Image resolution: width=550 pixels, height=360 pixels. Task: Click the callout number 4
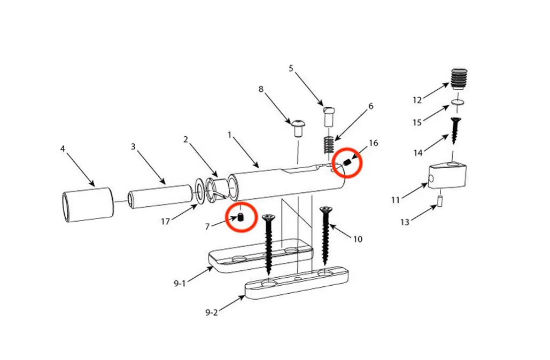(63, 149)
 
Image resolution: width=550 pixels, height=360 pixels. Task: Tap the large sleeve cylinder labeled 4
(88, 206)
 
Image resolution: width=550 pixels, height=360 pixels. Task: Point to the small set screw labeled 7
(241, 217)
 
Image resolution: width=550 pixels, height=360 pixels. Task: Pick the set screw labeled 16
(347, 162)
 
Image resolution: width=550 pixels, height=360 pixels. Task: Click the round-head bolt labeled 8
(298, 128)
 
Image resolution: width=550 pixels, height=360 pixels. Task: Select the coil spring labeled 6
(328, 144)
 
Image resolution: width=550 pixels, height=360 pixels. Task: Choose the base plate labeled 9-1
(261, 255)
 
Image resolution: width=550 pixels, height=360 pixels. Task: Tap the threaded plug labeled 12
(459, 79)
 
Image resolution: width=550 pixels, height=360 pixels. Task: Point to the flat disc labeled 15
(458, 103)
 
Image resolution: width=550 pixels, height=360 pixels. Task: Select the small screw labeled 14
(455, 130)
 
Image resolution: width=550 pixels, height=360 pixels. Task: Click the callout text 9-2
(212, 312)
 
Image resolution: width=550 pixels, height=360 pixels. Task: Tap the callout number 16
(374, 143)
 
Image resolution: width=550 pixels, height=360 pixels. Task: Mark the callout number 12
(417, 100)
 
